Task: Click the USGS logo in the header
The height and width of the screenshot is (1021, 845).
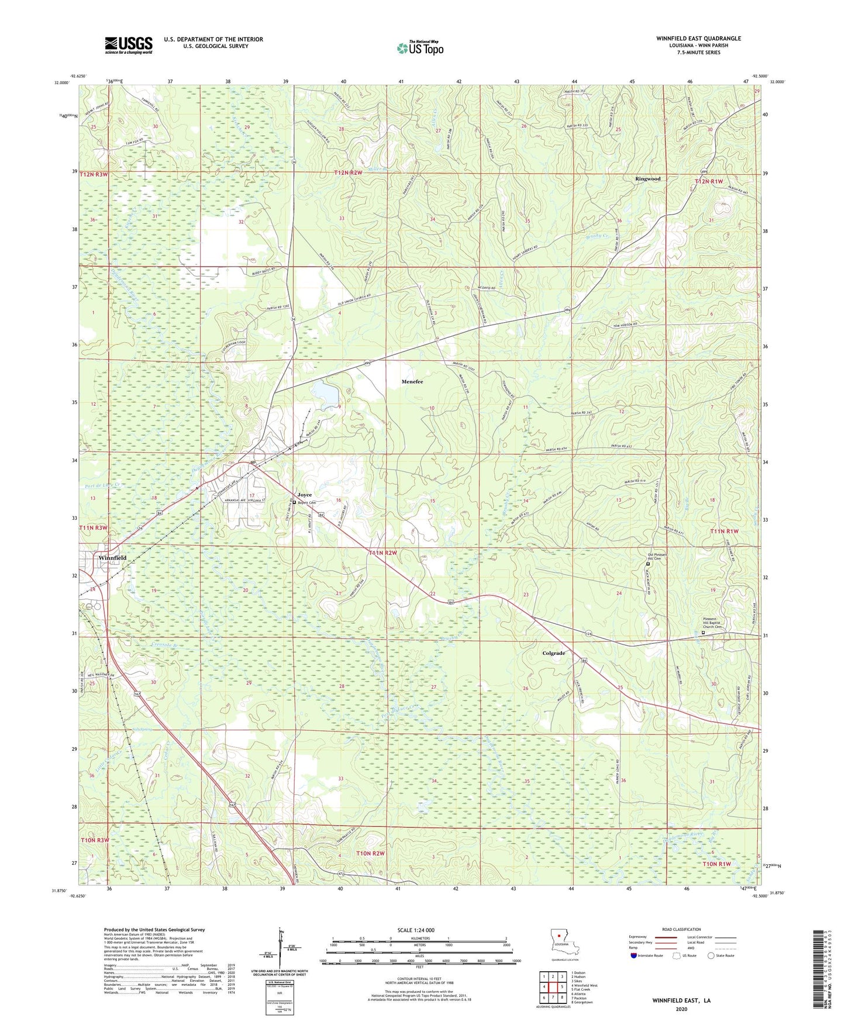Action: coord(129,45)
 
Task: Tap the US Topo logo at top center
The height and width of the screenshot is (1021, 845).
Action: coord(420,48)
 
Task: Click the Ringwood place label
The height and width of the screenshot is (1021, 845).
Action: coord(647,179)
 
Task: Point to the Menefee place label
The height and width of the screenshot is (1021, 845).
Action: coord(412,382)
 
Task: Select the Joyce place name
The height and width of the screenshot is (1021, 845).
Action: coord(304,495)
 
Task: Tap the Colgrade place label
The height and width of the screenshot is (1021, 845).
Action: coord(553,653)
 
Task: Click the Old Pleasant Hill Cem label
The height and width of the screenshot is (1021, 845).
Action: coord(657,556)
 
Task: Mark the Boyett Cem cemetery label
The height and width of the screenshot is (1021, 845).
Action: coord(306,503)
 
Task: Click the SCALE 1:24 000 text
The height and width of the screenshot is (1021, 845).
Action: coord(416,930)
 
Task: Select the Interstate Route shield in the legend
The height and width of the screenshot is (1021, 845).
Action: coord(634,956)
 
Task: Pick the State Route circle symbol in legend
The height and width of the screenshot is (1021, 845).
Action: coord(711,956)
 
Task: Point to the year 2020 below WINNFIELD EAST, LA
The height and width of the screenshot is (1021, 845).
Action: coord(681,1009)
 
